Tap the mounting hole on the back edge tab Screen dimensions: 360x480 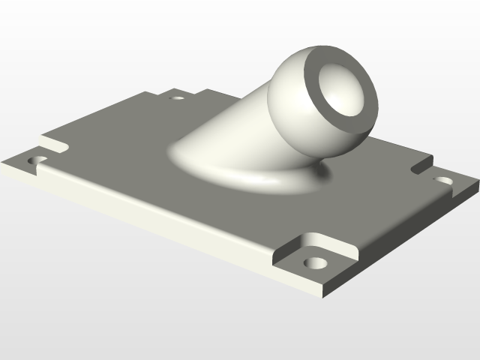178,96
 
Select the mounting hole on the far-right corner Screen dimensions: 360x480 444,181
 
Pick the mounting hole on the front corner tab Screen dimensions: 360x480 316,263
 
